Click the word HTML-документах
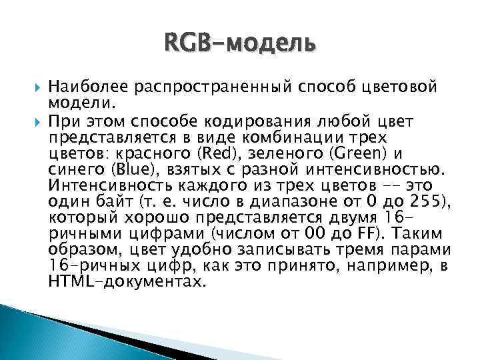click(125, 281)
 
